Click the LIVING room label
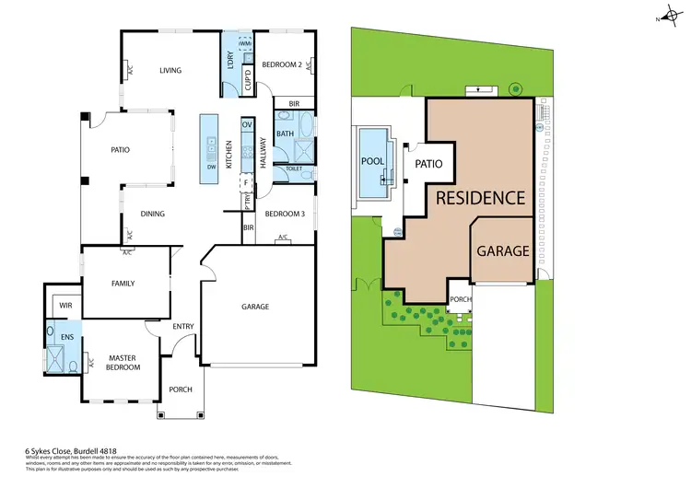[x=170, y=70]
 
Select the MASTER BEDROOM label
[x=123, y=362]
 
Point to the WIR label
[x=65, y=304]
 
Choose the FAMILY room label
[x=123, y=284]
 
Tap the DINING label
[x=153, y=215]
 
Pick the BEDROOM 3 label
[x=284, y=214]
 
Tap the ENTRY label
[x=182, y=326]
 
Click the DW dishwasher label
[x=211, y=167]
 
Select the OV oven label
[x=246, y=123]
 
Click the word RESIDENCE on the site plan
[x=480, y=198]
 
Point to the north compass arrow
[x=661, y=16]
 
